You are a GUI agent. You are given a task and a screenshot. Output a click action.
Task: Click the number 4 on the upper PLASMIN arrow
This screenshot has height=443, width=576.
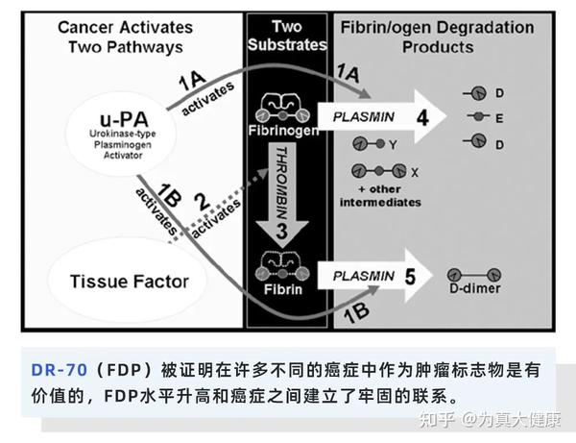[x=421, y=118]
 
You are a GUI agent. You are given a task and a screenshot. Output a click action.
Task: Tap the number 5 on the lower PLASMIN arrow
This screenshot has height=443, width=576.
[x=409, y=279]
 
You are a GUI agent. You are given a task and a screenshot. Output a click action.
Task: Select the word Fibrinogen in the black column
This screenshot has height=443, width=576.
[x=284, y=130]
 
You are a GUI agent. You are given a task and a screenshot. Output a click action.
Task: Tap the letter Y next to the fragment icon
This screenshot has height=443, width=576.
[x=392, y=143]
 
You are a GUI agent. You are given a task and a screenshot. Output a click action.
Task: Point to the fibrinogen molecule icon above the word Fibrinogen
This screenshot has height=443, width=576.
[x=284, y=106]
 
